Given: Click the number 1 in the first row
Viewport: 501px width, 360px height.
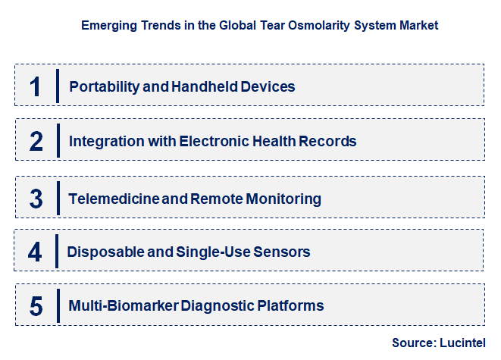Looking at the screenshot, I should pyautogui.click(x=35, y=86).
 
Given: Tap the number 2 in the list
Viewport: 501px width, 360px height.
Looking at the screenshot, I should pyautogui.click(x=36, y=141).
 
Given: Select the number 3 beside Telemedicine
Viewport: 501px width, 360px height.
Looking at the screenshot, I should pyautogui.click(x=36, y=199).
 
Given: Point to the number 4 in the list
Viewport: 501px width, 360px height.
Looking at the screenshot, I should pyautogui.click(x=36, y=252).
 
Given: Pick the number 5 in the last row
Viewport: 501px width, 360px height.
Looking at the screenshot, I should pyautogui.click(x=36, y=306).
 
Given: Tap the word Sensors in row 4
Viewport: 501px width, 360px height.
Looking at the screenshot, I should pyautogui.click(x=283, y=252).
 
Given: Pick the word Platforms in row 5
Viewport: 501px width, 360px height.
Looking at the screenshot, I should pyautogui.click(x=290, y=306).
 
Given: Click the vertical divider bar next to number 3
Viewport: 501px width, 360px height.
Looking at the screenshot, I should pyautogui.click(x=58, y=197).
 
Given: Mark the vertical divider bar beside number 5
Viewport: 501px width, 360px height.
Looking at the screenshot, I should pyautogui.click(x=58, y=305).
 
